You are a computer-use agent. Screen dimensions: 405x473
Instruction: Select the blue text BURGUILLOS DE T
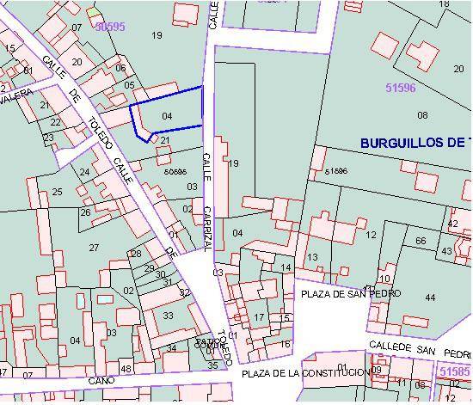point(415,143)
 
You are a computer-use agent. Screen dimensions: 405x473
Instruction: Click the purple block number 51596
point(401,88)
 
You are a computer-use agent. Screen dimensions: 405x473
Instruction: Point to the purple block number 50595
point(110,28)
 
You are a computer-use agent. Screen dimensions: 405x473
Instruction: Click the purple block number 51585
point(454,371)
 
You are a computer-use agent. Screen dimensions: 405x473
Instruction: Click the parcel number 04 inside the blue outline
point(167,115)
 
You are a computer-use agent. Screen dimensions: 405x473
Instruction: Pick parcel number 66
point(421,241)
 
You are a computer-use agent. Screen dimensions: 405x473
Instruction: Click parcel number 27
point(95,248)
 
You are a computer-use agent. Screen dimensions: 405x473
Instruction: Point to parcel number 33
point(168,316)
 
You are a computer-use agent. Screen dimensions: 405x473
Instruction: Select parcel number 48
point(126,369)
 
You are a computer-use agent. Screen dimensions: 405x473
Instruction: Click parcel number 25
point(57,191)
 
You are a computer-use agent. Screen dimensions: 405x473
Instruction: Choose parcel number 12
point(371,235)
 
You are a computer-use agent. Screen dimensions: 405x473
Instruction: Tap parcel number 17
point(258,317)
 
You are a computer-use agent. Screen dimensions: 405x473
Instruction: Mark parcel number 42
point(452,224)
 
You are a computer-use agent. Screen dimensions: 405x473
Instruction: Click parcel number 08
point(399,115)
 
